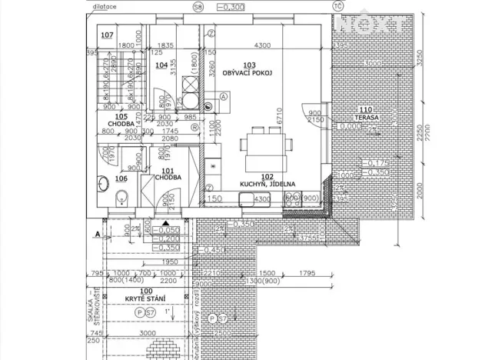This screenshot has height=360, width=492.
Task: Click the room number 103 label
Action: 248,65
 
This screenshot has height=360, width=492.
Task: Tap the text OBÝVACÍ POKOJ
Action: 248,72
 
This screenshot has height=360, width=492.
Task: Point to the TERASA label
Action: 366,118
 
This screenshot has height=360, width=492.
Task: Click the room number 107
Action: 107,35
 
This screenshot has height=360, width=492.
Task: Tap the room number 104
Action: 161,65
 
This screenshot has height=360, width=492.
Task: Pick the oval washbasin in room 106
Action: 102,182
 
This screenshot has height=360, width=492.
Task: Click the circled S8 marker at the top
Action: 198,6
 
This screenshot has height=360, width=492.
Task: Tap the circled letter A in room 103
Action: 223,96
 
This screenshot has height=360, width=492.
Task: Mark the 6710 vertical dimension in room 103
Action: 282,115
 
